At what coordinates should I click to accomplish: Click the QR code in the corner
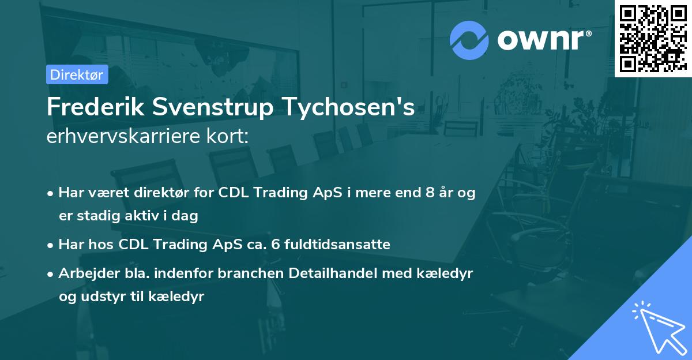point(653,38)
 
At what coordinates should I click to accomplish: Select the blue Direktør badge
point(76,74)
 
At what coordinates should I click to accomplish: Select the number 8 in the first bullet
point(430,193)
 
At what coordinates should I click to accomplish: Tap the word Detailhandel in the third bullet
point(341,273)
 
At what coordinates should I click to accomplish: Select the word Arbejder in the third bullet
point(84,273)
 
